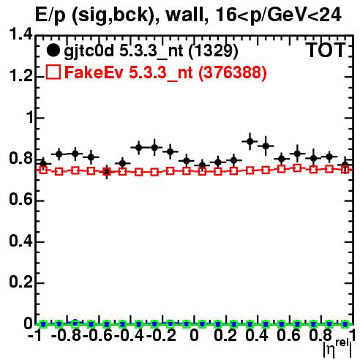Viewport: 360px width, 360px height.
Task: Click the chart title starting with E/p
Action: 188,15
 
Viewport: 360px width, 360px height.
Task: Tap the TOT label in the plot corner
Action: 326,50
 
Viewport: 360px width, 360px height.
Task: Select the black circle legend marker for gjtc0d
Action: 53,50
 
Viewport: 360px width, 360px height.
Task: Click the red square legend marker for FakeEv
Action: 53,72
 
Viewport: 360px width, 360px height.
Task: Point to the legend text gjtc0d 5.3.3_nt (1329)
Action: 151,51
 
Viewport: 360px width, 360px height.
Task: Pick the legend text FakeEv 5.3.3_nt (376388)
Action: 165,72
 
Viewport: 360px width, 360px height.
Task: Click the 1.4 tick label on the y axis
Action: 20,34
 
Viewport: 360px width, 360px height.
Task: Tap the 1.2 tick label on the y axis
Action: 20,76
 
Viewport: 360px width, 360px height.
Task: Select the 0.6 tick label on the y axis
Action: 20,200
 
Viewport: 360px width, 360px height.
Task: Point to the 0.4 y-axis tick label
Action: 20,241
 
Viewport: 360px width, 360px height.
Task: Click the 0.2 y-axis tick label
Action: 20,282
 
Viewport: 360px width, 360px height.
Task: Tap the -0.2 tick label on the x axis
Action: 161,335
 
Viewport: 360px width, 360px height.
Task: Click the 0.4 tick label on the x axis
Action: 257,335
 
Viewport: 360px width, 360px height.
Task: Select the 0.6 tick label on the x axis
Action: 288,335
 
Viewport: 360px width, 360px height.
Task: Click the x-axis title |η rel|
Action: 337,348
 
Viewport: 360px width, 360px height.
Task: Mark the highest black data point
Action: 250,141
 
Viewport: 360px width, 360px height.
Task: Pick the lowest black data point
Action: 107,172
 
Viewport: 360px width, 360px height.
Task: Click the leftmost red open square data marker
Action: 43,170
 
